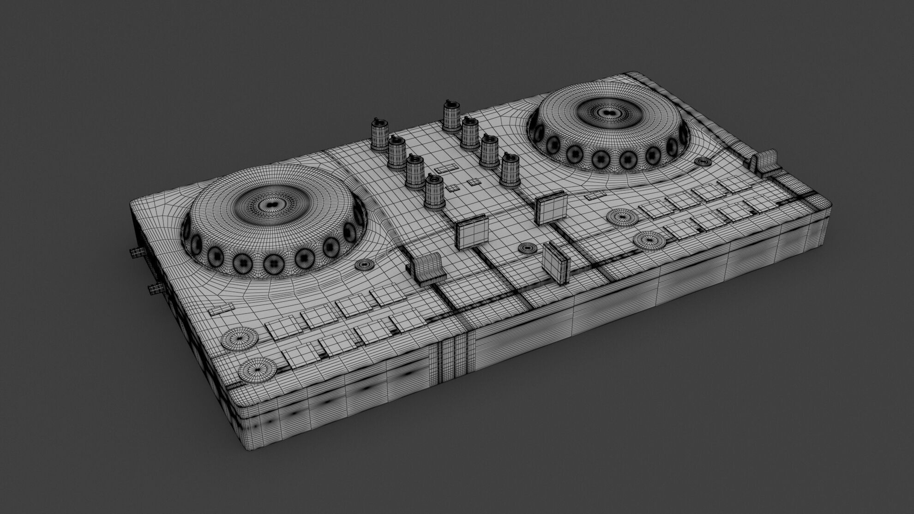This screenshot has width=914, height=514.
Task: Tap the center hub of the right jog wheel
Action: pos(608,112)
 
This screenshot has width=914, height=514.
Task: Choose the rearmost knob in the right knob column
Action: pos(451,115)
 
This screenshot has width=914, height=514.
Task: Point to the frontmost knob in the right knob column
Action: pos(510,169)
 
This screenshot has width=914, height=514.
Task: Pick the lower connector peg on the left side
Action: pos(155,289)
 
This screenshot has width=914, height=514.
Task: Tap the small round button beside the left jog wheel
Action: pos(365,264)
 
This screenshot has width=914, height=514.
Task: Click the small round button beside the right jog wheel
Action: pos(703,161)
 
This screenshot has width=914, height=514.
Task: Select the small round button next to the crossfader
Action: pos(527,248)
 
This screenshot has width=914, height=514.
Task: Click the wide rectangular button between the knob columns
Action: pos(445,169)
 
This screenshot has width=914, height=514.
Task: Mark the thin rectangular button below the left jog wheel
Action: pos(221,309)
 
